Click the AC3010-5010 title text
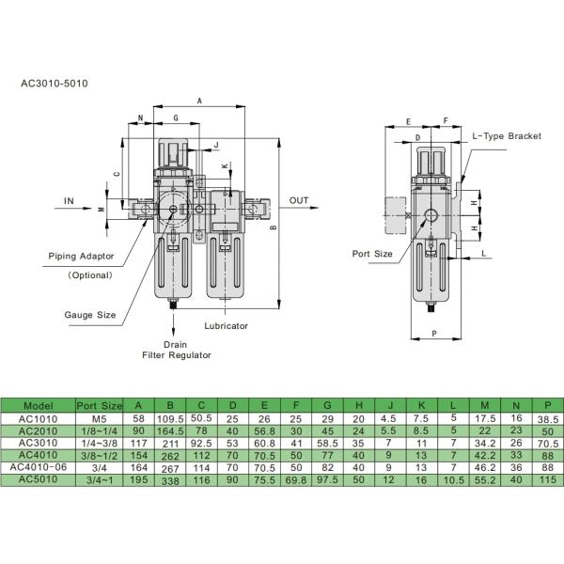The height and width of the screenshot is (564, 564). click(55, 83)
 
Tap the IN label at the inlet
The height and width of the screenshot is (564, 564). click(70, 201)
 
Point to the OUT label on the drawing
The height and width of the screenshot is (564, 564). click(299, 201)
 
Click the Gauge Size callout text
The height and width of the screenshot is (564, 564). click(90, 315)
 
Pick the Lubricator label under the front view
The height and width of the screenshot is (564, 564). click(226, 325)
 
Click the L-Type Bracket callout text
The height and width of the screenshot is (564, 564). click(507, 136)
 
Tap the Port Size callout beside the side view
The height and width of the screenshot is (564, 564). click(372, 254)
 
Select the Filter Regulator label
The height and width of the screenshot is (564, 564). click(175, 355)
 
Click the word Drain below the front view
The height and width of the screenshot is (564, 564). click(175, 344)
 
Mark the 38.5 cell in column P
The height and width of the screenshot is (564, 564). click(542, 419)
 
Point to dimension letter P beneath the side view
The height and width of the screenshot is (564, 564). click(432, 334)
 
